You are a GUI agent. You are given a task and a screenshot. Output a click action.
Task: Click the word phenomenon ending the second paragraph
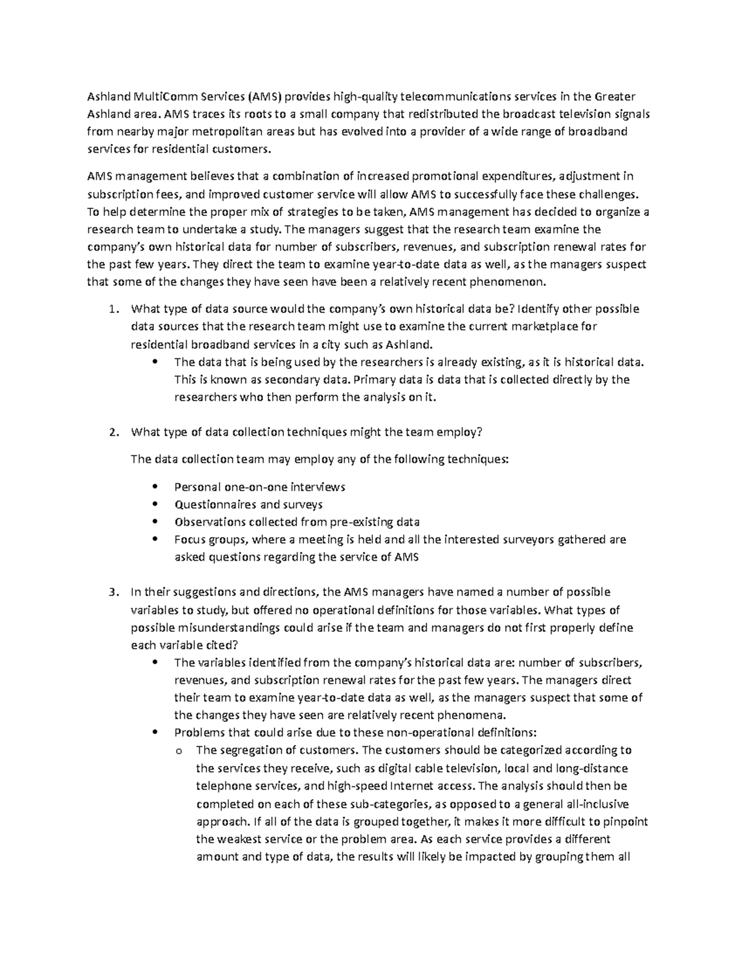(x=516, y=282)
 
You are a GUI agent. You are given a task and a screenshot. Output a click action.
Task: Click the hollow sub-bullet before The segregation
(x=179, y=751)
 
